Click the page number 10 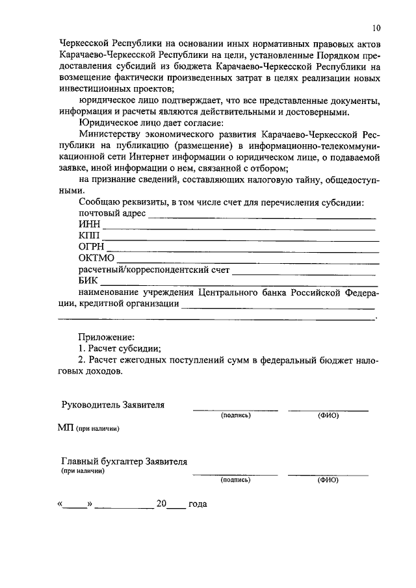[x=377, y=28]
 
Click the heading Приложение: [x=106, y=337]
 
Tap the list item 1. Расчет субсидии [x=120, y=349]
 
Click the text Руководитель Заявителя [x=112, y=405]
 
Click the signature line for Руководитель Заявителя [x=235, y=409]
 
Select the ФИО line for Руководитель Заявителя [x=328, y=409]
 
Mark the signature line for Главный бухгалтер [x=235, y=475]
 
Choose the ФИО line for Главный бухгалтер [x=328, y=475]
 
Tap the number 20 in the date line [x=161, y=504]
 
